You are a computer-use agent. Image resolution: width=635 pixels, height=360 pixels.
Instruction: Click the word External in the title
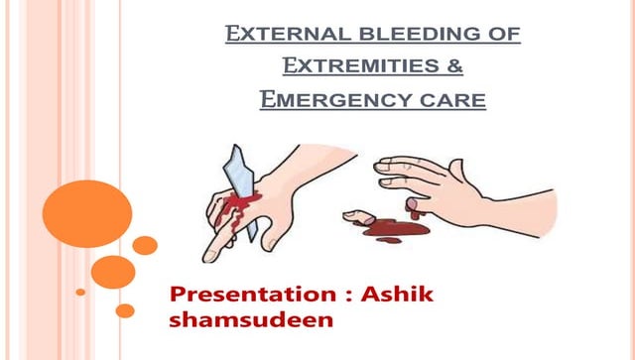tap(276, 37)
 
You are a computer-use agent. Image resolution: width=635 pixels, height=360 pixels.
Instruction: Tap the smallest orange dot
tap(81, 292)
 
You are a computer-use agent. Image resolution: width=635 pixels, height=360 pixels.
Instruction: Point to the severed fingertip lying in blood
tap(355, 214)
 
